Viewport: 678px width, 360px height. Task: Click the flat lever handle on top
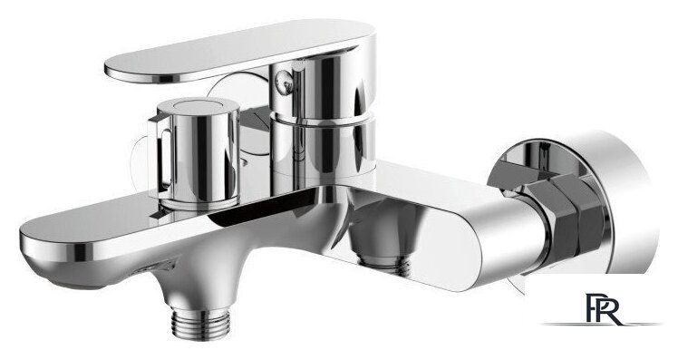pos(240,50)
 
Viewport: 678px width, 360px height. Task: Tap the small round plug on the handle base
pos(285,83)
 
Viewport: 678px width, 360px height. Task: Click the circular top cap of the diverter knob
pos(198,106)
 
